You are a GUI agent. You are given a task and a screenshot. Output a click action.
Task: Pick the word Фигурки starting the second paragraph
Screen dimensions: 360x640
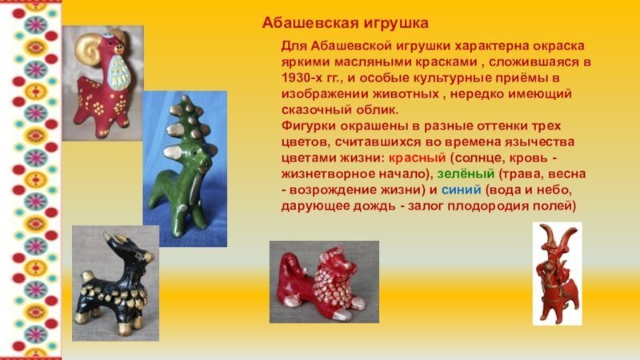tap(306, 126)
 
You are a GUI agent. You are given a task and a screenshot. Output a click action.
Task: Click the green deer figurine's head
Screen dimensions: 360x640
tap(196, 161)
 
